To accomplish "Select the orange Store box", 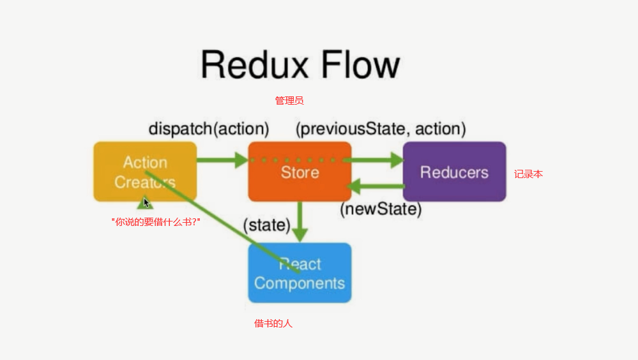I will [300, 172].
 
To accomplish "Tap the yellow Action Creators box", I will [145, 172].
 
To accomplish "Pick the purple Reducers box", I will [454, 172].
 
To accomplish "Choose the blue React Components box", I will [300, 273].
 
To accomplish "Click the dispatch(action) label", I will [208, 128].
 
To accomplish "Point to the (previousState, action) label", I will [381, 128].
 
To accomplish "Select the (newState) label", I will [381, 209].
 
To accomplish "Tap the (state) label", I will [266, 225].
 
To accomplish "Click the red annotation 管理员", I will [289, 100].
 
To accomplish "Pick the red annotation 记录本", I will [528, 174].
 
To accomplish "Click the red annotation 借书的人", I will [273, 324].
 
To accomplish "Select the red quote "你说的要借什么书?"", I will [156, 222].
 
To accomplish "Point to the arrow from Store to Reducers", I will [377, 160].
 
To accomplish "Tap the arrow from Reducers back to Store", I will [377, 186].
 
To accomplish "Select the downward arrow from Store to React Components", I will [300, 221].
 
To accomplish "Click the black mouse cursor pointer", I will [146, 202].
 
